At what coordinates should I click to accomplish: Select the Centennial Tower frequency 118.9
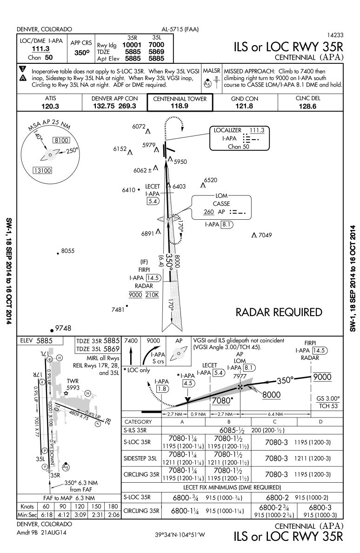point(180,106)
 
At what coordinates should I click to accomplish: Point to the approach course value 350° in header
point(82,53)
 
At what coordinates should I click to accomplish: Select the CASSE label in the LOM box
point(221,203)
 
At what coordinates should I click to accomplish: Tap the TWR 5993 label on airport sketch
point(73,384)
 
